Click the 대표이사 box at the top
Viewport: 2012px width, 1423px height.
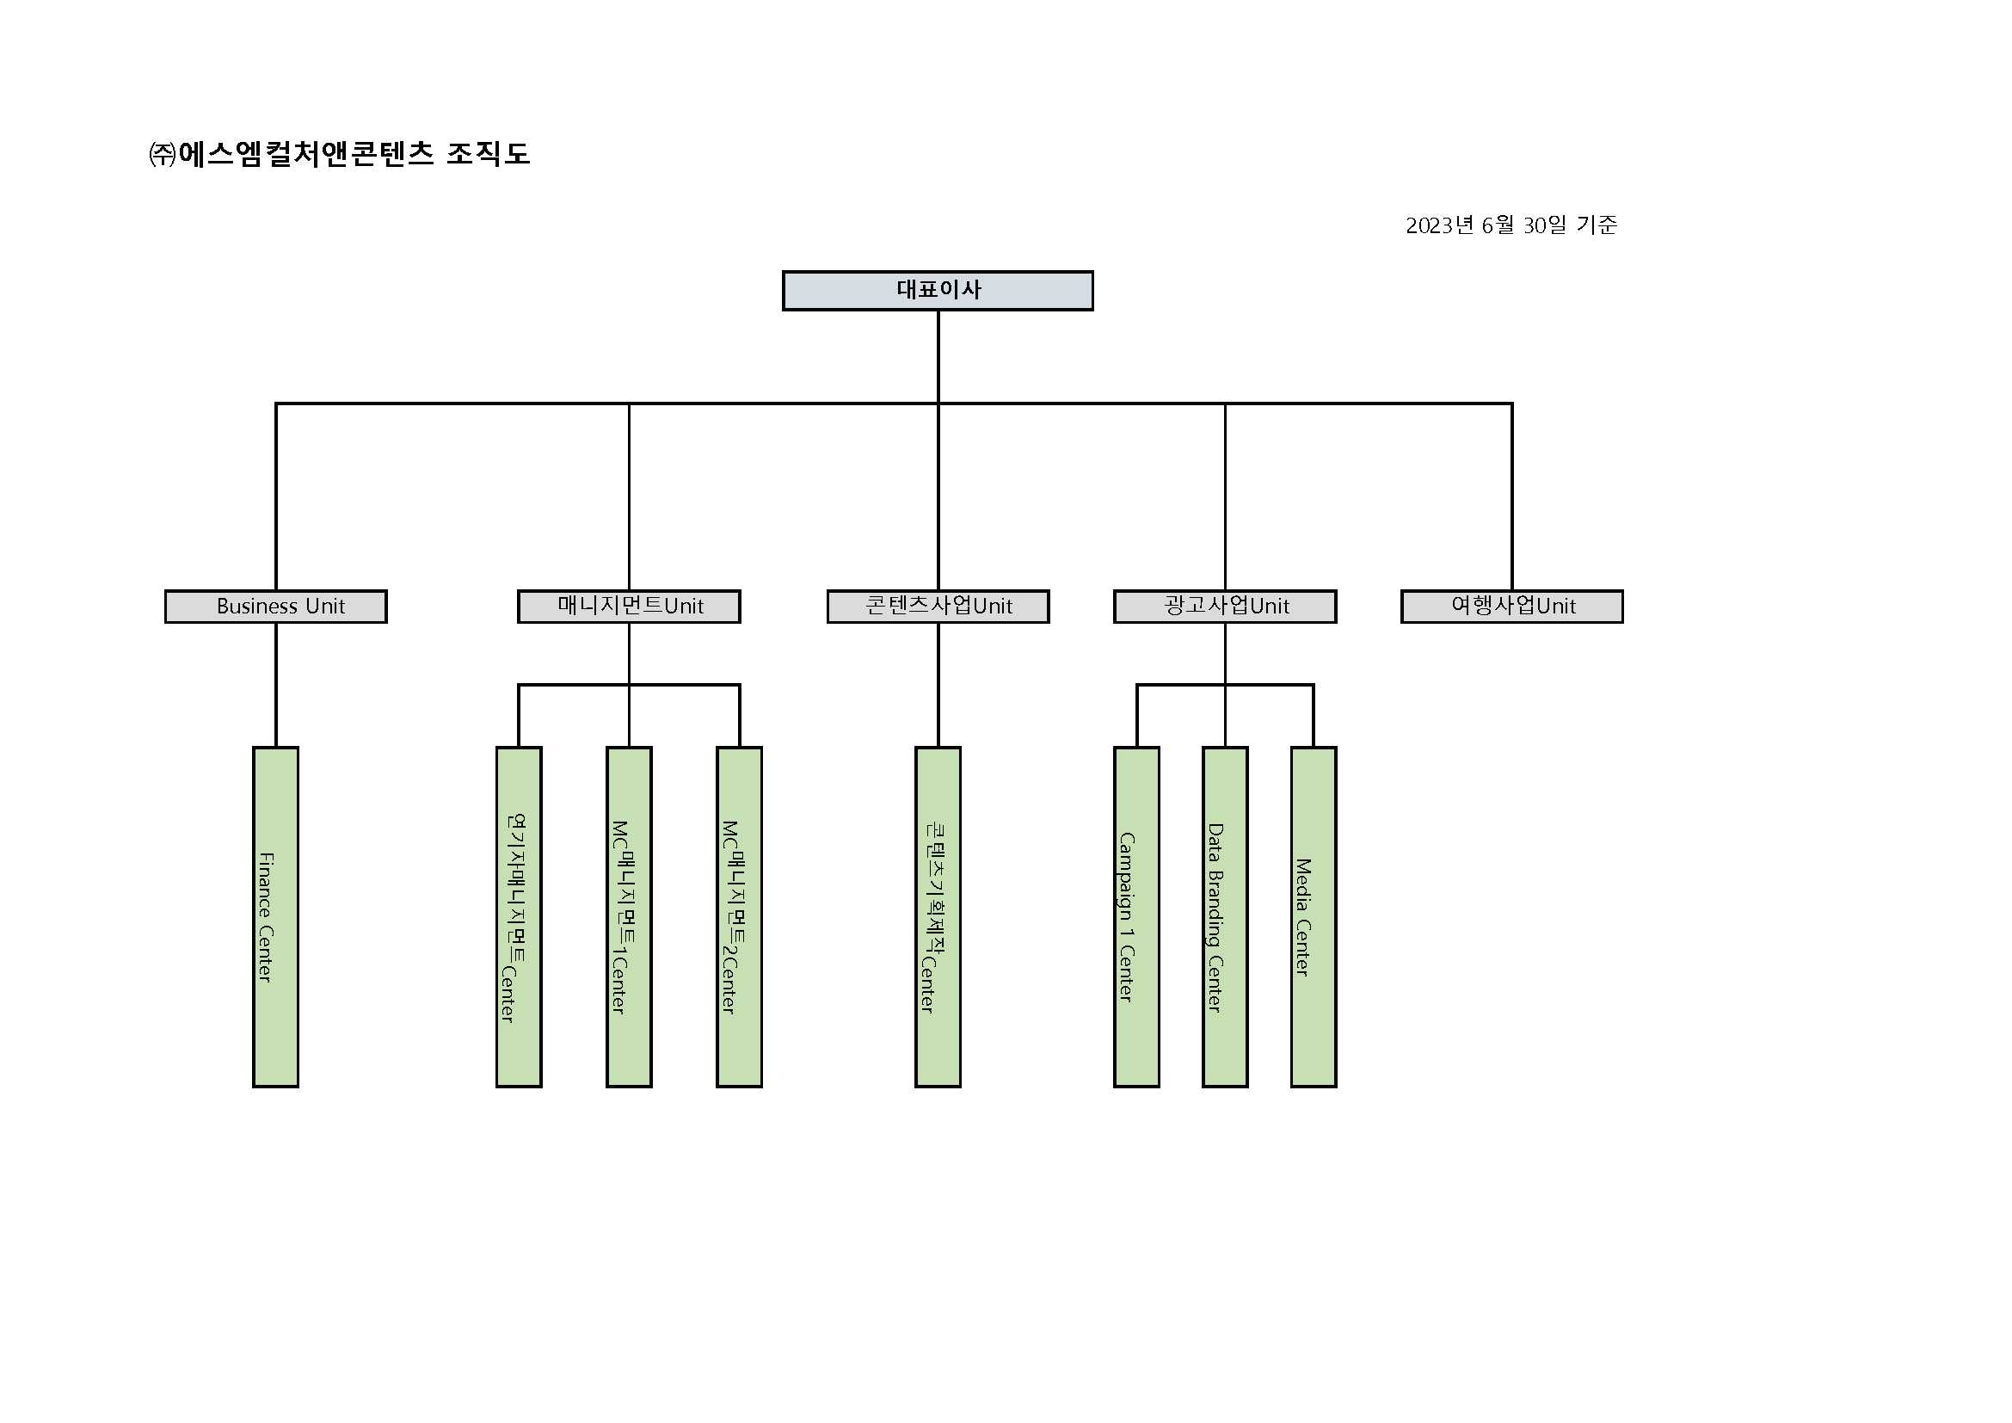pyautogui.click(x=938, y=290)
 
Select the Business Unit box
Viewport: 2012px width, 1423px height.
pyautogui.click(x=276, y=607)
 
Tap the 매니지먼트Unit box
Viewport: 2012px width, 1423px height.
pyautogui.click(x=629, y=607)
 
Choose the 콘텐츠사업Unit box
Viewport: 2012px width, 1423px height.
pyautogui.click(x=938, y=607)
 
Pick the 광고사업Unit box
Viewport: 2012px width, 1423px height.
pyautogui.click(x=1225, y=607)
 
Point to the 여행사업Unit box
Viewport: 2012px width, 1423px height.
pyautogui.click(x=1511, y=607)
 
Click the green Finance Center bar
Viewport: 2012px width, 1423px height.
pyautogui.click(x=276, y=916)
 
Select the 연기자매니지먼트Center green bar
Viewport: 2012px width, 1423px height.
pyautogui.click(x=519, y=916)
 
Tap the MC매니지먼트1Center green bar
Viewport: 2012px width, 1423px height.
pyautogui.click(x=629, y=916)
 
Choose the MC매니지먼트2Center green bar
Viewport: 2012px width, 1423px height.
pyautogui.click(x=740, y=916)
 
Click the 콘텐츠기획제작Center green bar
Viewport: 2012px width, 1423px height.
pyautogui.click(x=938, y=916)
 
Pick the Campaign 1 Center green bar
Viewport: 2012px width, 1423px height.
pyautogui.click(x=1136, y=916)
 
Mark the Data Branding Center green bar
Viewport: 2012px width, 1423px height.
pyautogui.click(x=1225, y=916)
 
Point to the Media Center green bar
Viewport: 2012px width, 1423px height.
pyautogui.click(x=1314, y=916)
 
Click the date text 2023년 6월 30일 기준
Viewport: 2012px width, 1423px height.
pyautogui.click(x=1511, y=225)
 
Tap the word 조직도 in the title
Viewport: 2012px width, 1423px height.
pyautogui.click(x=488, y=154)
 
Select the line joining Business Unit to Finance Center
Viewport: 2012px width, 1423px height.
pyautogui.click(x=276, y=684)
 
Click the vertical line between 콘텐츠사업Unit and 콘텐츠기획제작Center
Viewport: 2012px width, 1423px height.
pyautogui.click(x=938, y=684)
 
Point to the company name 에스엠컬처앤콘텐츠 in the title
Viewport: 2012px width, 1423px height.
pyautogui.click(x=306, y=154)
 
